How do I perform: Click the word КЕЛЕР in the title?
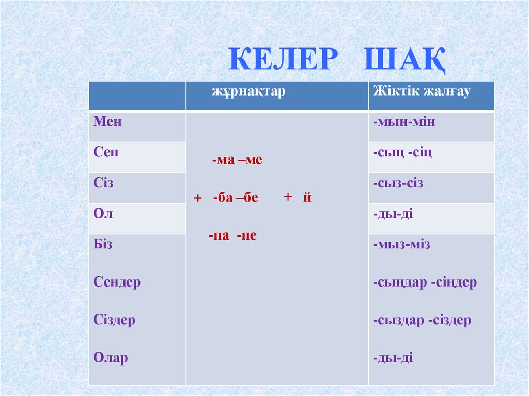[281, 59]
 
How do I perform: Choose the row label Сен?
[106, 152]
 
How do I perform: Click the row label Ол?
[103, 214]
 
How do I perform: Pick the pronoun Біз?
[103, 244]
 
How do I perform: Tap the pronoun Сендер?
[117, 282]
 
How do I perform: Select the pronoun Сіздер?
[114, 320]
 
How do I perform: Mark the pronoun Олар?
[111, 358]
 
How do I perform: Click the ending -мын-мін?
[403, 122]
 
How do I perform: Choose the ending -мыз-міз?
[401, 244]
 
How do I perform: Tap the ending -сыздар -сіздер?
[422, 320]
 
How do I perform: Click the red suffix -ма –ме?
[237, 161]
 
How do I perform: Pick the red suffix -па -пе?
[233, 236]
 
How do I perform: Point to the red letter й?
[307, 197]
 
